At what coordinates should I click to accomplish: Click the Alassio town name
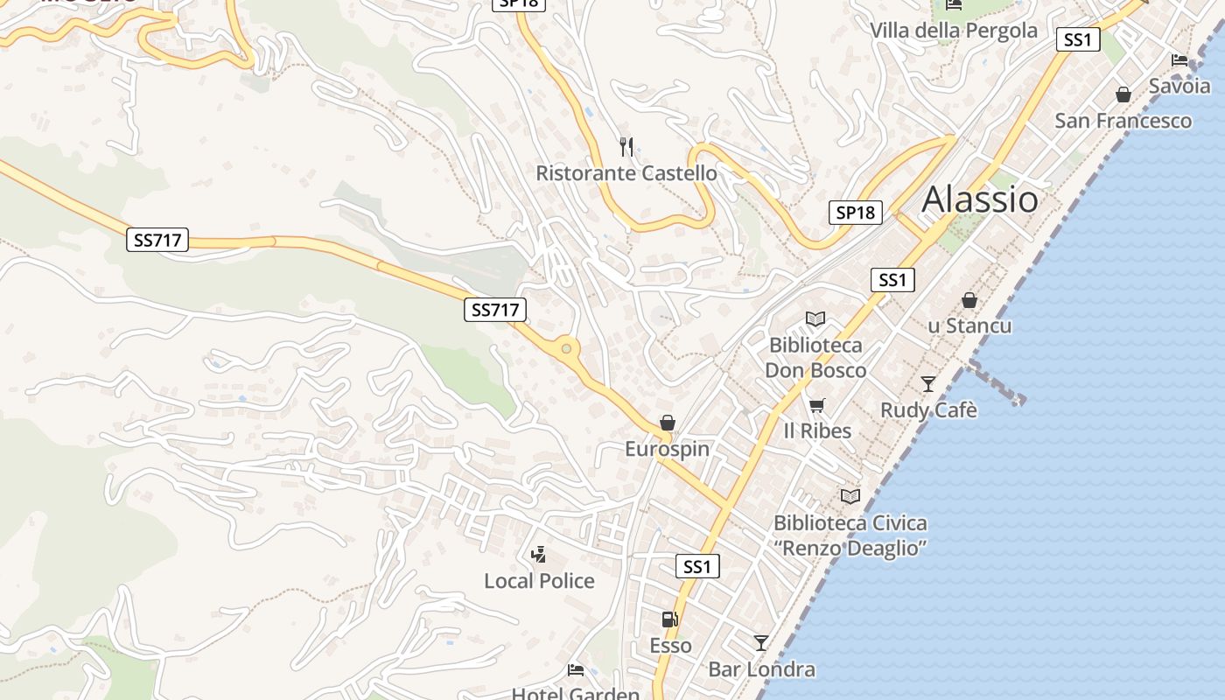980,199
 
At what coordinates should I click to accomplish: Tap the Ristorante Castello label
626,173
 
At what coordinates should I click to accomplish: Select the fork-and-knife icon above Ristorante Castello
626,146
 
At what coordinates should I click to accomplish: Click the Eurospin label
667,449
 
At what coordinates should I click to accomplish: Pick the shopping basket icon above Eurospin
668,423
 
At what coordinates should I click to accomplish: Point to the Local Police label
539,581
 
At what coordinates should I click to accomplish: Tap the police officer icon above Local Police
539,554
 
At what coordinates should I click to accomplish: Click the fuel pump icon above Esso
669,619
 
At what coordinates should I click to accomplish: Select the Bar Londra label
761,670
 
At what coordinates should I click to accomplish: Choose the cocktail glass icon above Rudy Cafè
927,384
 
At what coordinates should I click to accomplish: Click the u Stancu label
969,325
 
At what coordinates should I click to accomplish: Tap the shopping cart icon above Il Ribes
816,405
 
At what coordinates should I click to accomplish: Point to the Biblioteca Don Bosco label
815,358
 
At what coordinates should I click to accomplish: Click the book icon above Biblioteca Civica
850,497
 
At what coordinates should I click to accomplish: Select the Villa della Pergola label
953,31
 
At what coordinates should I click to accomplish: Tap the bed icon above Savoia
1179,60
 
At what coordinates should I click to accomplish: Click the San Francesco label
1123,121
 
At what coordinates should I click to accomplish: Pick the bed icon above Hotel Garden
576,670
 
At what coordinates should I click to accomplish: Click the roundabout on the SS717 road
566,349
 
